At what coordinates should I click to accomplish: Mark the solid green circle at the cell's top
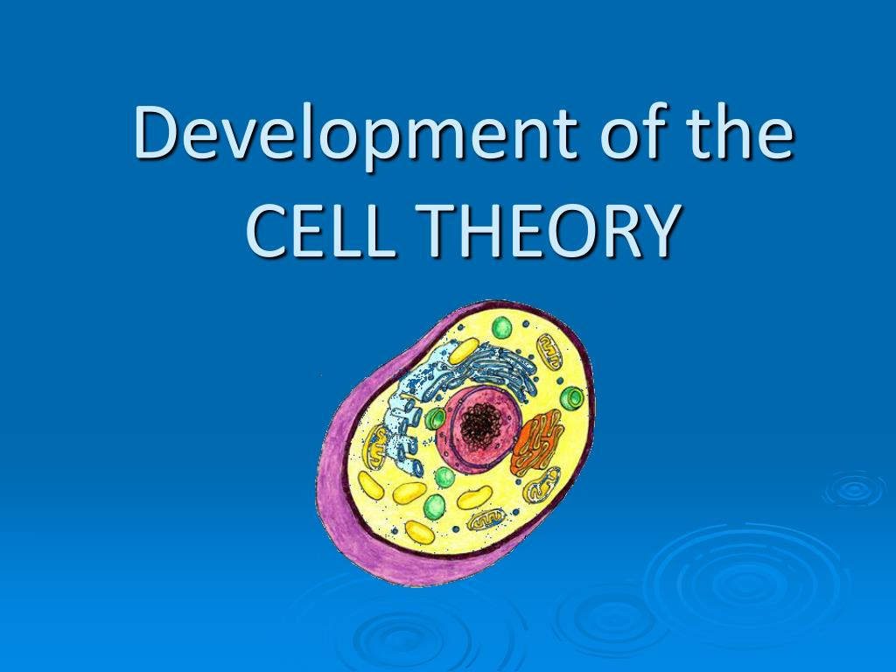(x=501, y=327)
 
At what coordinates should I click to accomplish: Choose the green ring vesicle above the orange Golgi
(x=573, y=399)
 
